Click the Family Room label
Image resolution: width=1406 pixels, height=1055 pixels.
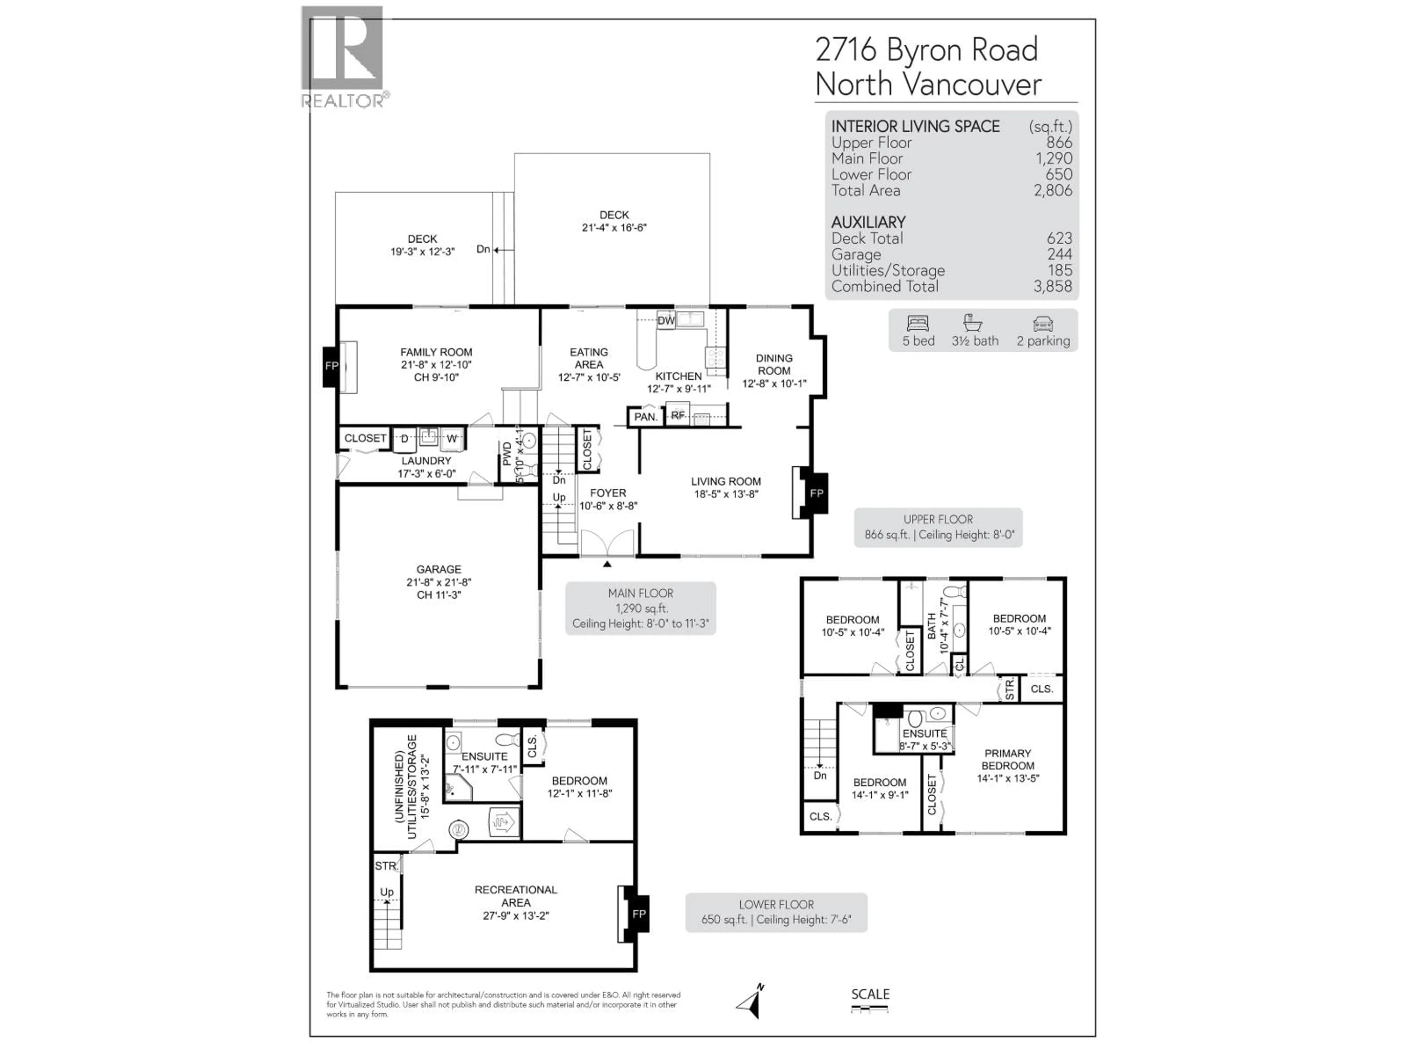(x=436, y=352)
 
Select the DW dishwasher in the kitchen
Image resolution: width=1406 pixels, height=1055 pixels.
(x=666, y=321)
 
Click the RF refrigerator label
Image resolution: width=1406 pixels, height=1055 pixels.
(x=678, y=415)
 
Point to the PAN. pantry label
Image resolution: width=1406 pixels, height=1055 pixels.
(x=645, y=417)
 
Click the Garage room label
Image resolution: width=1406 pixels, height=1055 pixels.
(x=439, y=570)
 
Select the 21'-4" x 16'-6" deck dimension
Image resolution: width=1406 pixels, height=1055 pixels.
(x=614, y=227)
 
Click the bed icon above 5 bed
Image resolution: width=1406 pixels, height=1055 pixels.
(x=918, y=324)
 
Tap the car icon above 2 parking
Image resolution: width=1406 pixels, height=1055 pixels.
(x=1043, y=324)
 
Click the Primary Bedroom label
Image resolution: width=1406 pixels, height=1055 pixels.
(x=1008, y=759)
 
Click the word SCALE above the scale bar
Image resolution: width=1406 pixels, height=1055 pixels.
(x=870, y=994)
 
